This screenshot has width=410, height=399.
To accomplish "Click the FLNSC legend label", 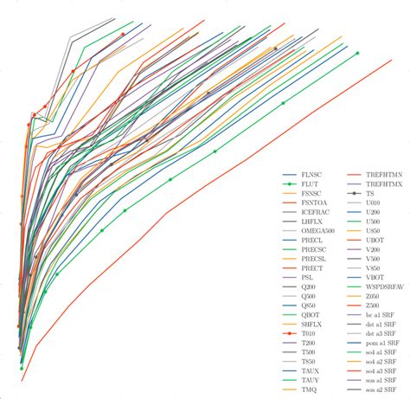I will click(x=312, y=174).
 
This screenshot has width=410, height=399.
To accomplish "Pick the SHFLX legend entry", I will click(x=313, y=321).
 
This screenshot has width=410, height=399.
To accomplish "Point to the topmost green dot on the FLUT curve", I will click(x=357, y=53).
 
